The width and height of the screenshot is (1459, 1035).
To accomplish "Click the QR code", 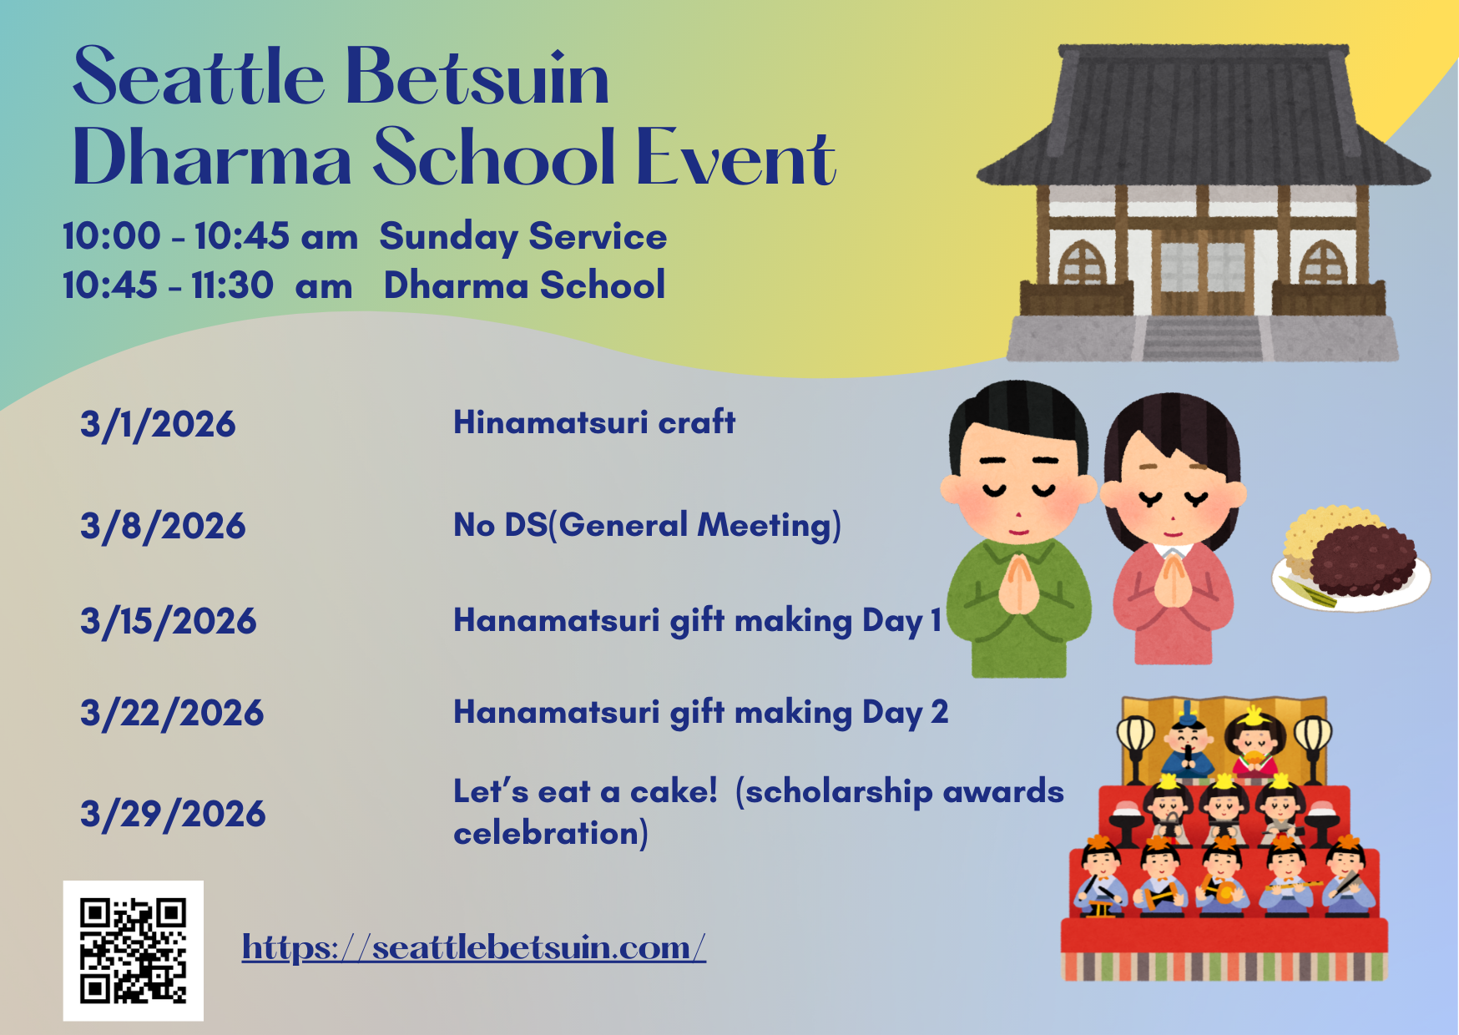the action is (134, 951).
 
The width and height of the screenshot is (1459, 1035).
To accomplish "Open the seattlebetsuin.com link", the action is (474, 948).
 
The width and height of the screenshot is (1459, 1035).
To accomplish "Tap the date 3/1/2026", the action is (158, 424).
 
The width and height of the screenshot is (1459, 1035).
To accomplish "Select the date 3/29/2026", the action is (173, 814).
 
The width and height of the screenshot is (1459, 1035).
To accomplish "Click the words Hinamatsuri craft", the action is (594, 422).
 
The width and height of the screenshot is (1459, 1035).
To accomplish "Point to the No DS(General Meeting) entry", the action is (647, 526).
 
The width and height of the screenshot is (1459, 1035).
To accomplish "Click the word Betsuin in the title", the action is (477, 77).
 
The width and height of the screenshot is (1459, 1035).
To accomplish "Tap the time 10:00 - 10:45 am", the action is (210, 236).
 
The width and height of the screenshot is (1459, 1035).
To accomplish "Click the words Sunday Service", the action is (523, 237).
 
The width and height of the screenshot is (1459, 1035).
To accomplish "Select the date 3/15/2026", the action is (169, 621).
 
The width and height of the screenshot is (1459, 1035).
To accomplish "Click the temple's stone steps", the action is (1202, 338).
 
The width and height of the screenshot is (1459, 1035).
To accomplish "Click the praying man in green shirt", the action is (1018, 528).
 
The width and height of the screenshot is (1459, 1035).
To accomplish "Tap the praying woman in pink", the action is (1173, 528).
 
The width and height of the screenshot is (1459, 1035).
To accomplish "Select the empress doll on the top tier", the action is (1254, 741).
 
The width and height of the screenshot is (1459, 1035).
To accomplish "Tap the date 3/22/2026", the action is (172, 713).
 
